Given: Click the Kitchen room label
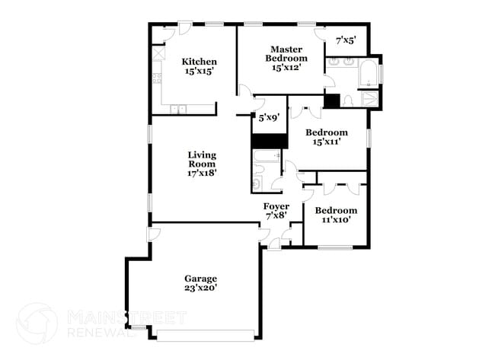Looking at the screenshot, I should [x=199, y=62].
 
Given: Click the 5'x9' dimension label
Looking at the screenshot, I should [x=268, y=118].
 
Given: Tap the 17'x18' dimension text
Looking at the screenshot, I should [x=202, y=173].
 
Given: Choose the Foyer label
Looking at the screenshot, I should [x=276, y=206].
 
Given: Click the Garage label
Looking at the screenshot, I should [x=200, y=279].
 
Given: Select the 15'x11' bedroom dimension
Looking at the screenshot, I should [x=327, y=141].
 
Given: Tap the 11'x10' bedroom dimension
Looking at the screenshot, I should [x=336, y=220].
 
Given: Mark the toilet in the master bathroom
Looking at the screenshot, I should [x=348, y=100].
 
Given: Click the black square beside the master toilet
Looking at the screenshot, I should [x=331, y=100].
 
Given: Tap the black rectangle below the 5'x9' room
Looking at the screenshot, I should [x=269, y=141].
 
